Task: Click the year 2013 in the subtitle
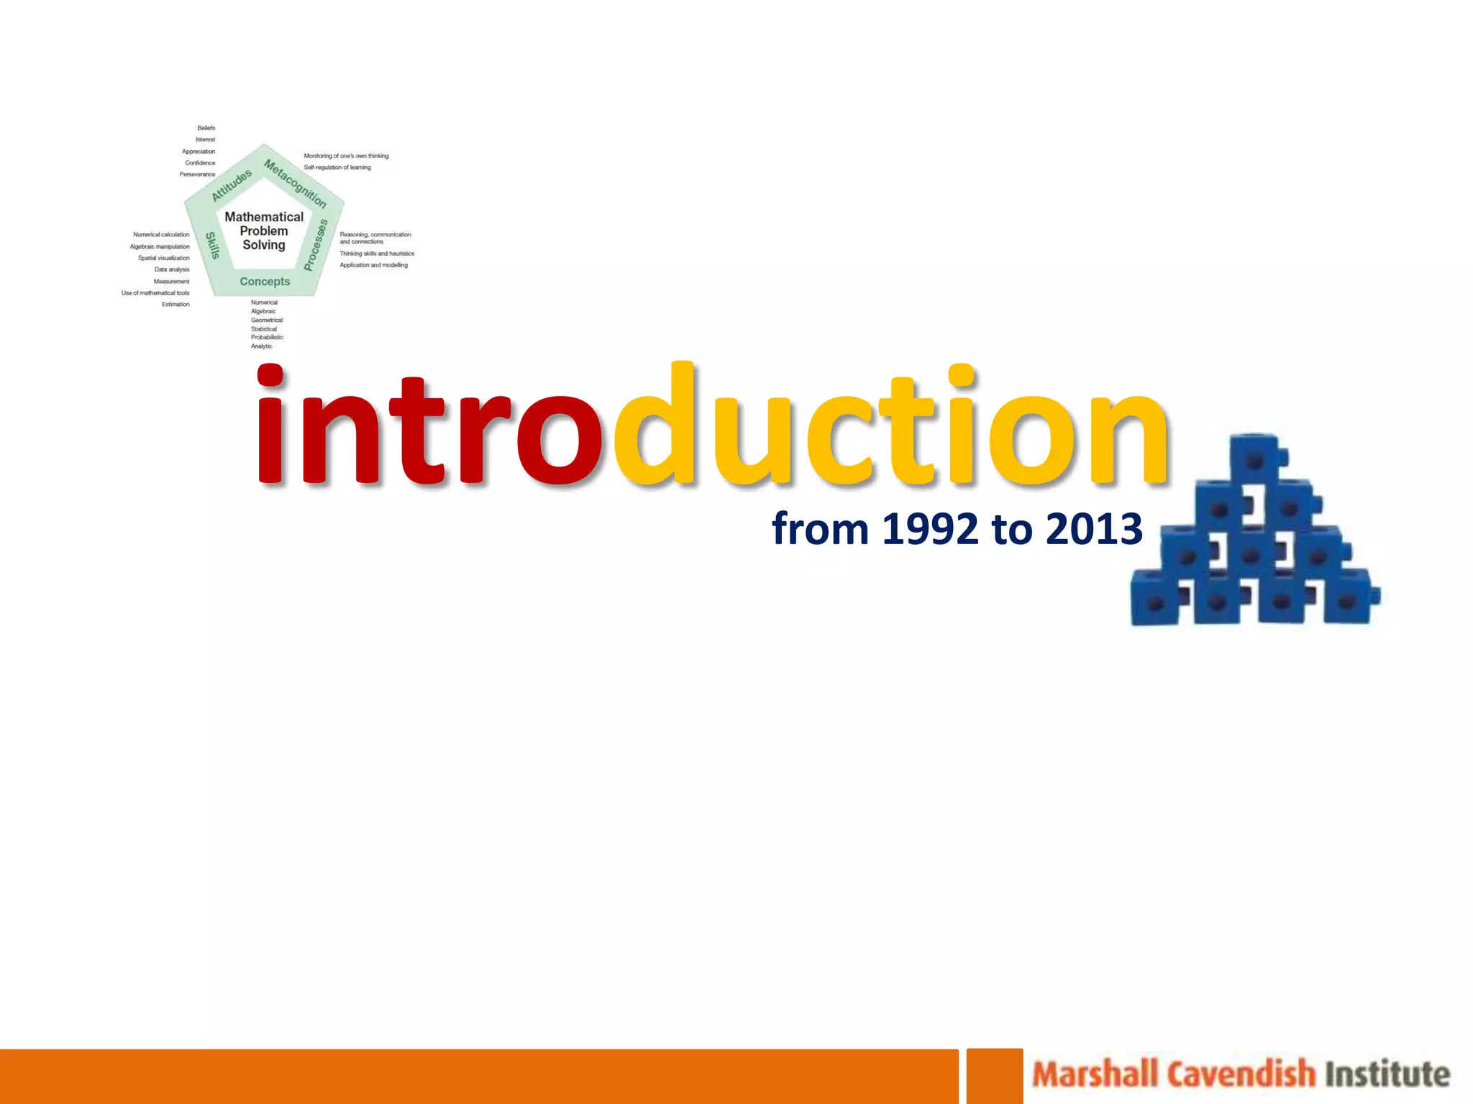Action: (1094, 530)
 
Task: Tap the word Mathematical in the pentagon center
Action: (264, 216)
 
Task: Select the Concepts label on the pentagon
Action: (265, 282)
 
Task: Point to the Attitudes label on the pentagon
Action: (232, 185)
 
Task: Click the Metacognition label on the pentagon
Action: (295, 183)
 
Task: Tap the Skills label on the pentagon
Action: (212, 245)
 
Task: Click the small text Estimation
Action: (175, 305)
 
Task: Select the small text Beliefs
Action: (206, 128)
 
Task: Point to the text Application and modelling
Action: (373, 265)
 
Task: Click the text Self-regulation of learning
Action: (337, 167)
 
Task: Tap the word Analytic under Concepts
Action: (261, 346)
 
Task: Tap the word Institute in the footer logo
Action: (1387, 1075)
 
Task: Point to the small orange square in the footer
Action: (994, 1075)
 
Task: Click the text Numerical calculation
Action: (161, 235)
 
